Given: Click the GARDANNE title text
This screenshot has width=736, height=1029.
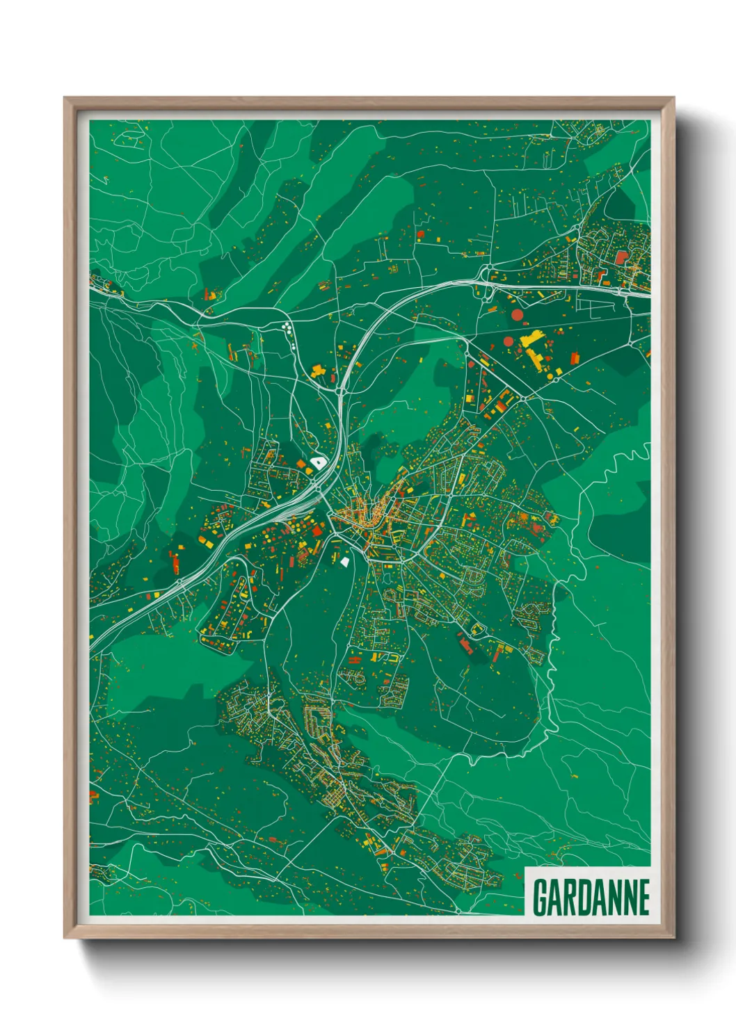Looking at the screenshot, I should [x=591, y=897].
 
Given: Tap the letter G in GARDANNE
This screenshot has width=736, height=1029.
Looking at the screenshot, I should [x=541, y=897].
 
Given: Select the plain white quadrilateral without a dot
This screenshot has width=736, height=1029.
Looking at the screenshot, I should [x=344, y=560].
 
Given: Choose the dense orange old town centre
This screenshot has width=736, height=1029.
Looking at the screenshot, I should [x=362, y=518].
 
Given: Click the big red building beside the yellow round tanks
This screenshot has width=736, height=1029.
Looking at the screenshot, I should [x=575, y=358].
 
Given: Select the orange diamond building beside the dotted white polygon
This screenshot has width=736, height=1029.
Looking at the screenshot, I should [x=301, y=464].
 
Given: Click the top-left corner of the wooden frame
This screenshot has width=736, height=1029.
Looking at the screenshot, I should [x=65, y=98].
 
